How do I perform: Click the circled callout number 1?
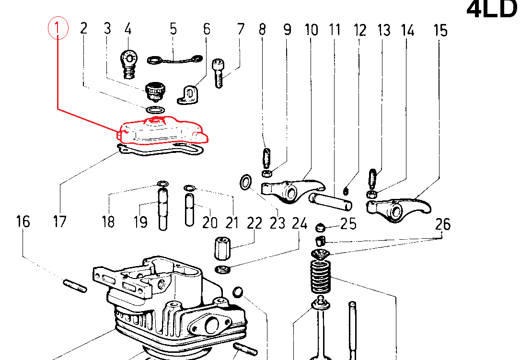click(x=58, y=29)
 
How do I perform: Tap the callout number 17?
click(x=60, y=222)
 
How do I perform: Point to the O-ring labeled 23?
click(x=246, y=183)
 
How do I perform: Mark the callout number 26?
click(x=443, y=224)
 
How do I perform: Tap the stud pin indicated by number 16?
click(x=75, y=286)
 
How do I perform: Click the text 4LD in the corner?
click(x=492, y=10)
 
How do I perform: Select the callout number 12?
click(x=359, y=30)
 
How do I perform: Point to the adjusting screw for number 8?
click(x=267, y=157)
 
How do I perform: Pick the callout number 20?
click(x=209, y=223)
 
